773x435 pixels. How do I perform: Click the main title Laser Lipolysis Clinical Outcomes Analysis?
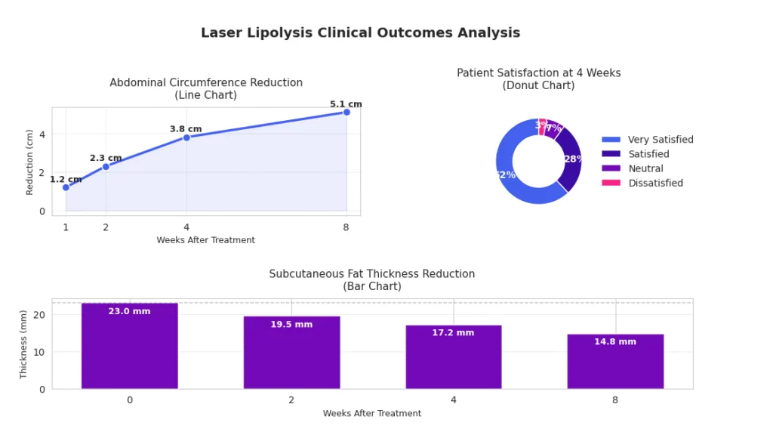[x=360, y=33]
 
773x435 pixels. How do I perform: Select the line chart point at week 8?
[x=346, y=113]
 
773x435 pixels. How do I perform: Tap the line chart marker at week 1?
[x=66, y=187]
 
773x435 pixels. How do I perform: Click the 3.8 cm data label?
[x=186, y=129]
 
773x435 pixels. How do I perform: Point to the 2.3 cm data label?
[x=106, y=159]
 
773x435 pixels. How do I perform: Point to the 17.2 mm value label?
[x=453, y=333]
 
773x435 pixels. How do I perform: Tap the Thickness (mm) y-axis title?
[x=23, y=344]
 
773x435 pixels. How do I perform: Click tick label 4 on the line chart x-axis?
[x=186, y=227]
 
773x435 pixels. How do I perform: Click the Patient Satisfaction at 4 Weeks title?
[x=538, y=73]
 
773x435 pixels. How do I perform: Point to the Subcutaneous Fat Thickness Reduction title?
[x=372, y=274]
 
